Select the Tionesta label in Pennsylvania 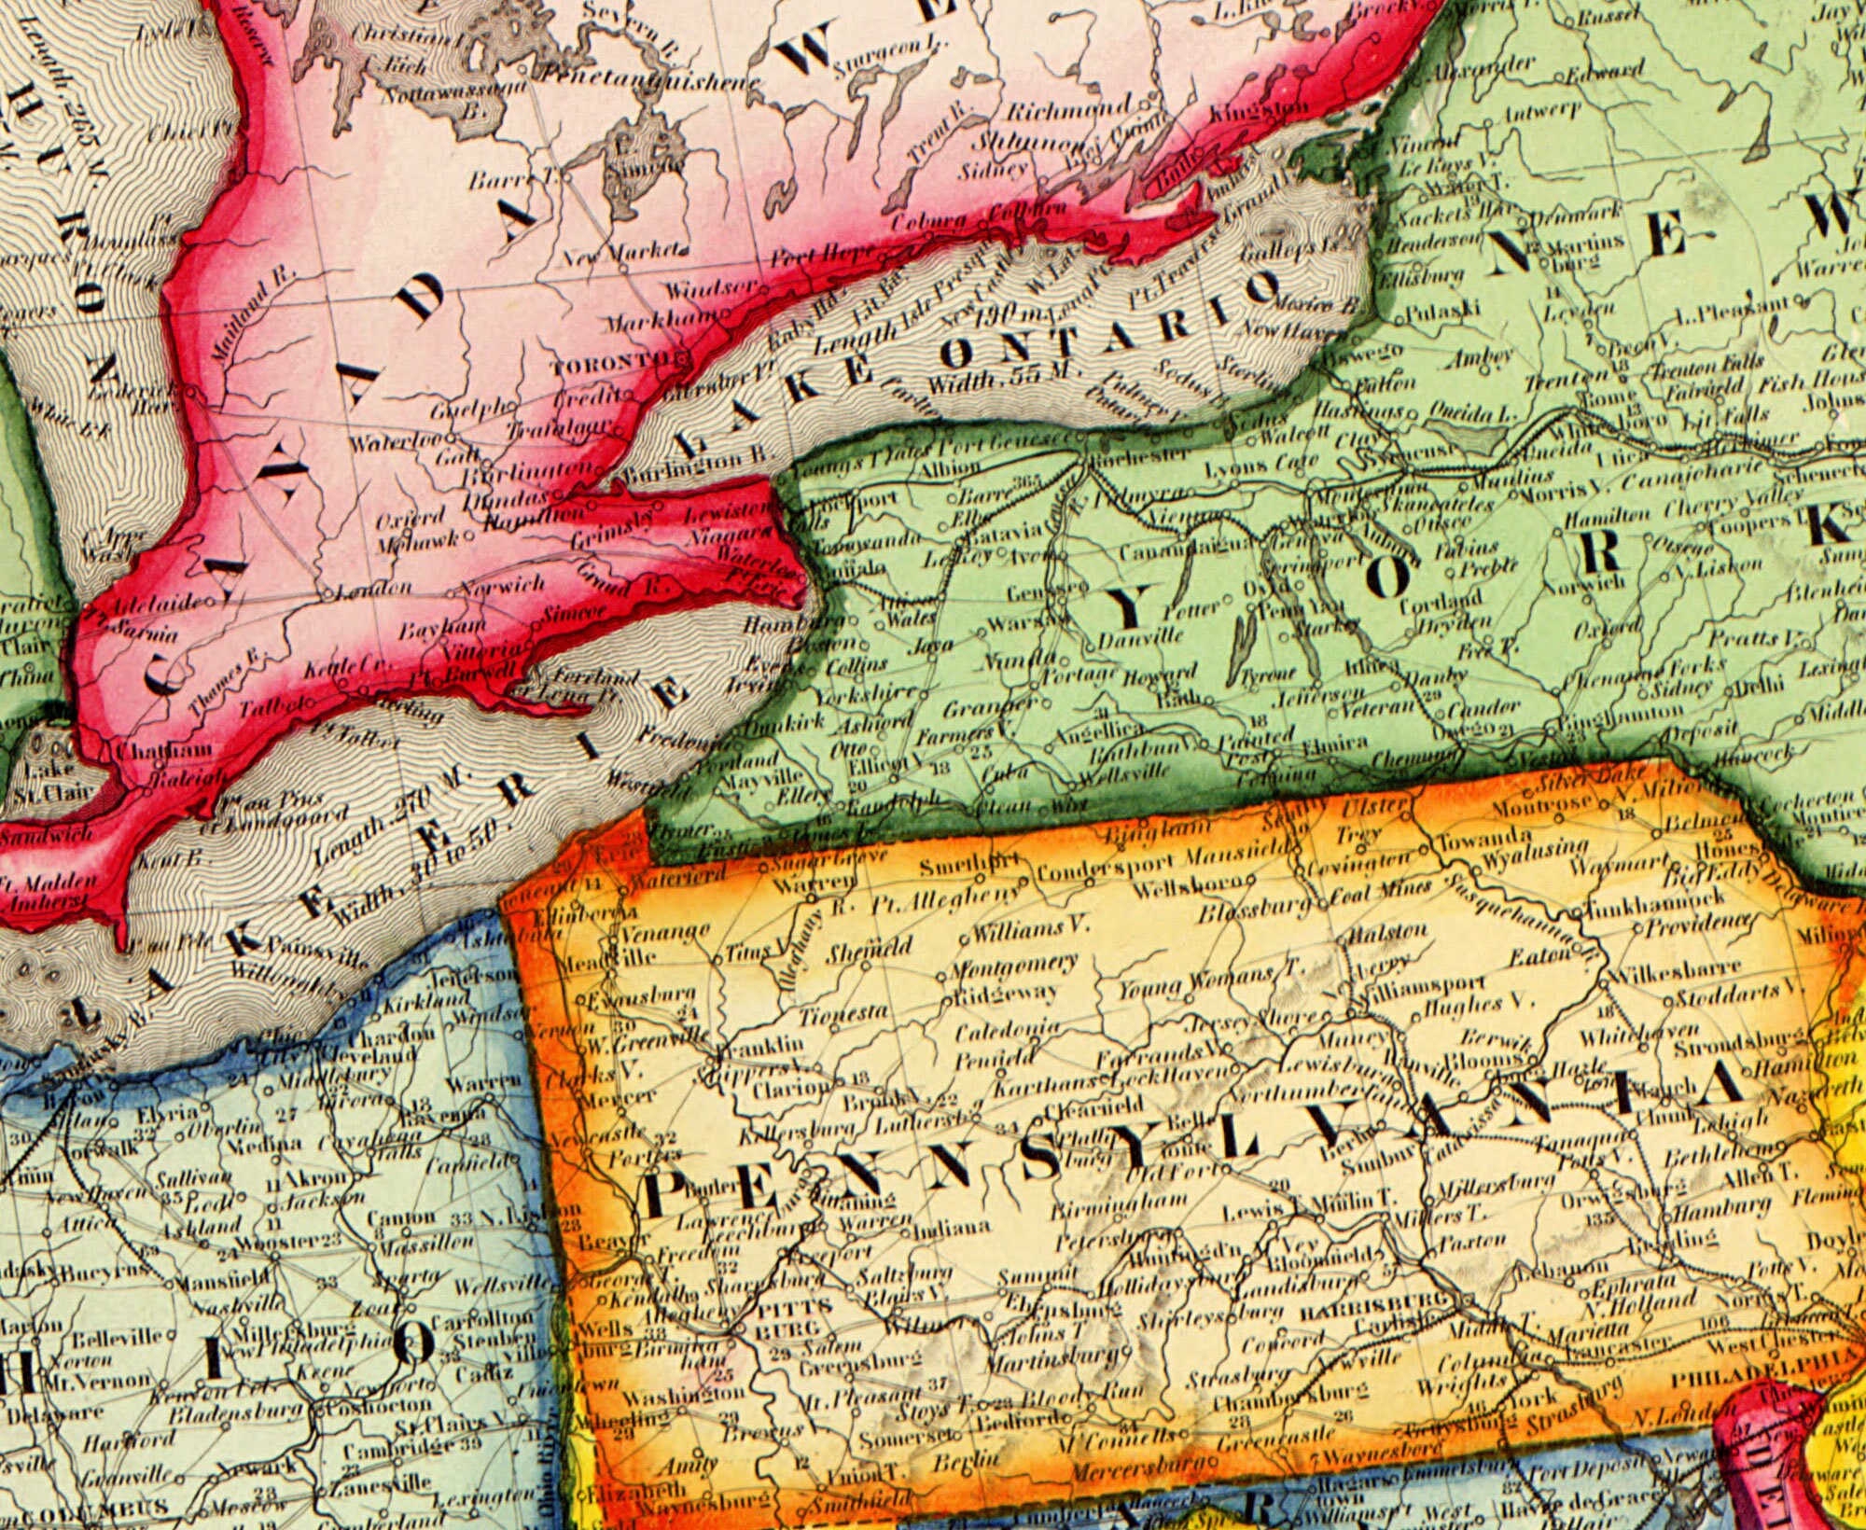843,1013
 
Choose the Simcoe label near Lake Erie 573,615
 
